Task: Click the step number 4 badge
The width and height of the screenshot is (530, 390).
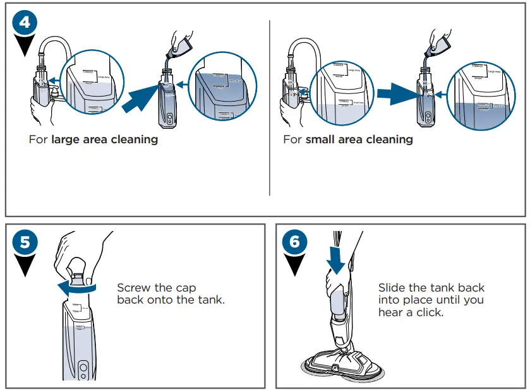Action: [x=25, y=23]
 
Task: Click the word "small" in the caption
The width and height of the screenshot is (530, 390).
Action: [x=320, y=139]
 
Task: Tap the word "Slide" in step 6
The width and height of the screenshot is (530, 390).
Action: [x=392, y=288]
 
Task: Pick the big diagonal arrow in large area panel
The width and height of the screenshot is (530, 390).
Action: [x=140, y=99]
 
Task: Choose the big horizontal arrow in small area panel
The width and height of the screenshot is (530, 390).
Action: [x=395, y=93]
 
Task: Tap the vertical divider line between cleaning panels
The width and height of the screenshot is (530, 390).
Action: [x=270, y=107]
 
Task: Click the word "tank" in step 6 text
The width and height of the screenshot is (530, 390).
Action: [x=447, y=288]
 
